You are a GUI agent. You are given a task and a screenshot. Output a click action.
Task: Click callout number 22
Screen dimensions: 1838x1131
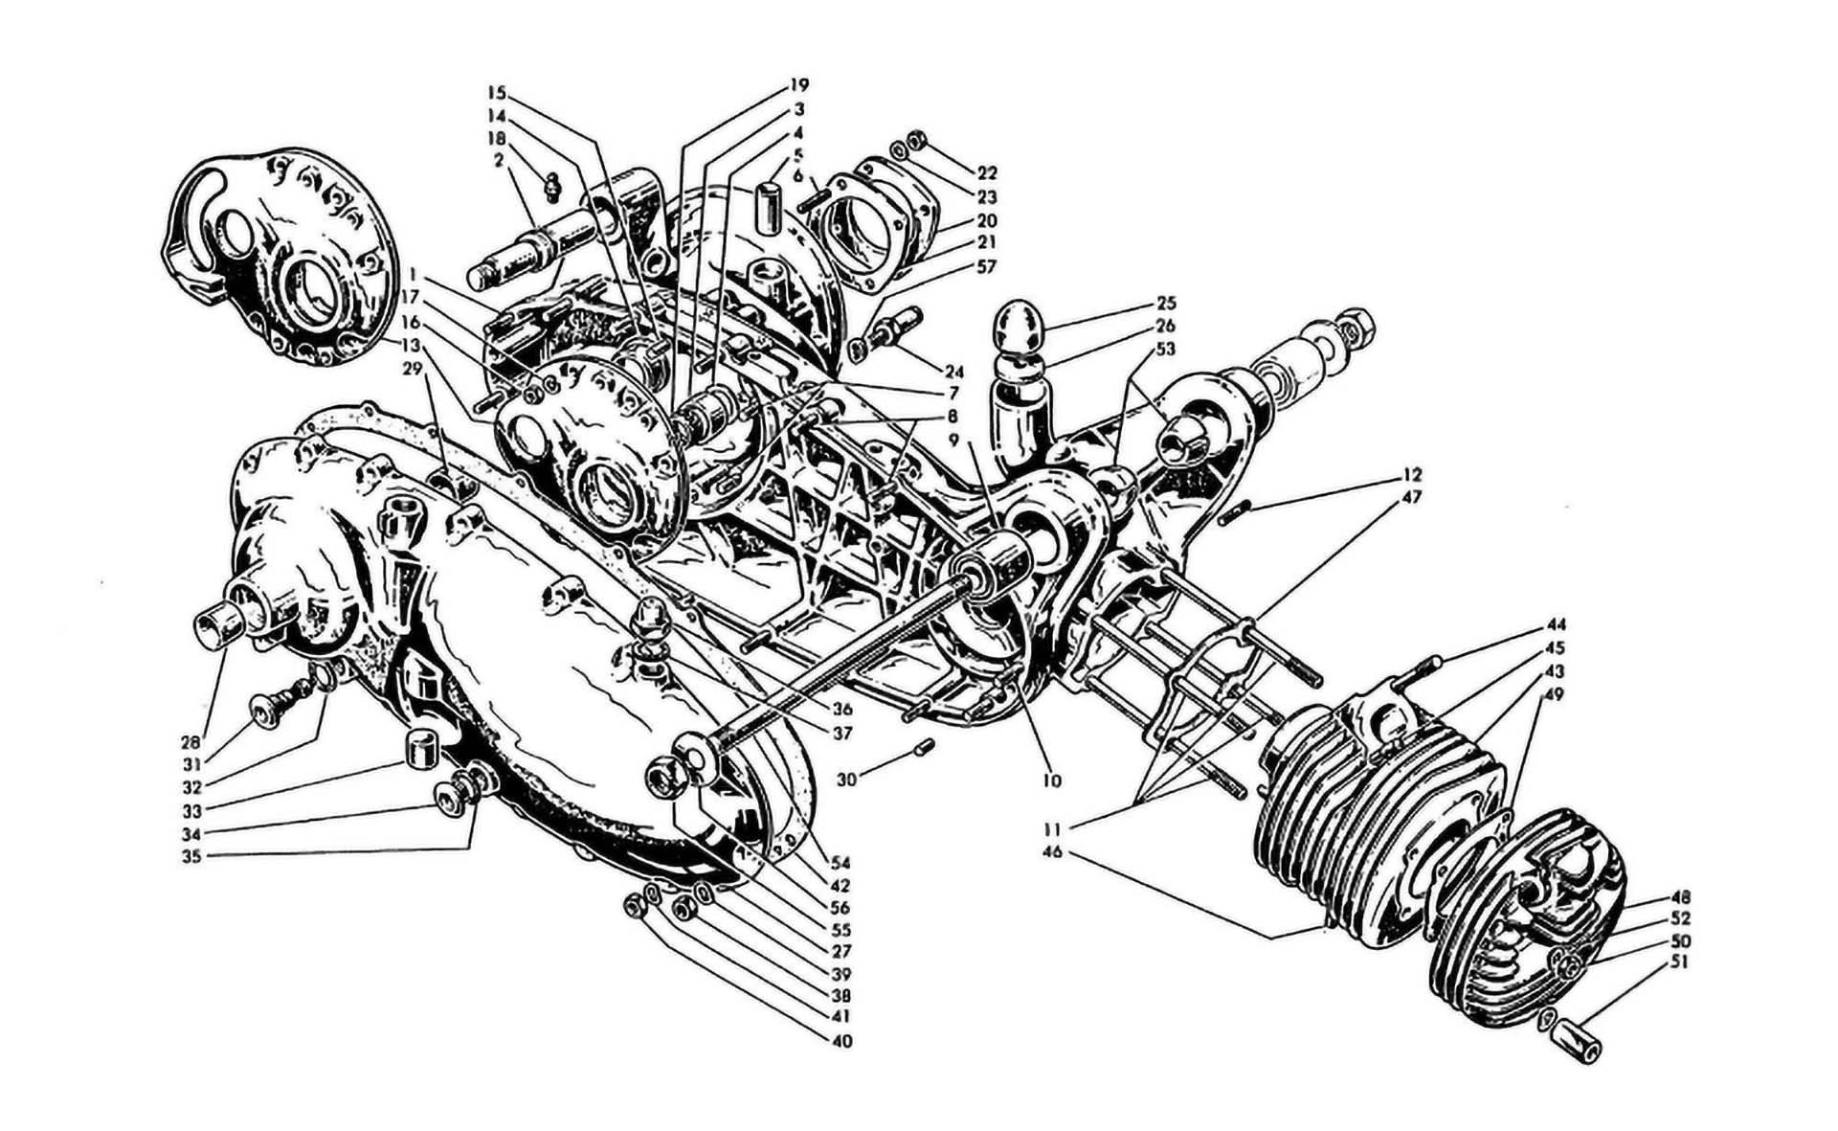coord(987,173)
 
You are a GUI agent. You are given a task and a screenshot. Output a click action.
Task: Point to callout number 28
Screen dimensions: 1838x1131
coord(192,742)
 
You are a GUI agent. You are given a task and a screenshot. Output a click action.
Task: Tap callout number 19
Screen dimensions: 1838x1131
coord(798,84)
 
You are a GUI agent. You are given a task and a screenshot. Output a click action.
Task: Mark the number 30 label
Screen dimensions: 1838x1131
coord(845,780)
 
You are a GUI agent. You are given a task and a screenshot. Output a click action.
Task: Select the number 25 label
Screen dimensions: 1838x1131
coord(1167,304)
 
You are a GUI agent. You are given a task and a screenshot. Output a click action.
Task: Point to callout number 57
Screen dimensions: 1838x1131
coord(986,266)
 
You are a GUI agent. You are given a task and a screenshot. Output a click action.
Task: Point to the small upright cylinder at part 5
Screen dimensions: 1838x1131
coord(767,208)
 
